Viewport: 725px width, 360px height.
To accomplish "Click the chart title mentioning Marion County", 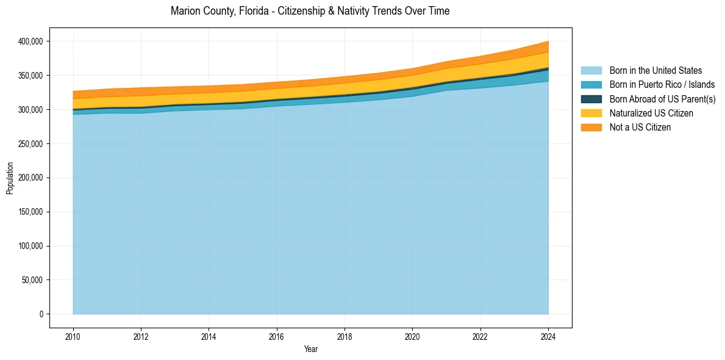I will tap(310, 11).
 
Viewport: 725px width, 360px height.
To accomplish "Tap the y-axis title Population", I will tap(10, 178).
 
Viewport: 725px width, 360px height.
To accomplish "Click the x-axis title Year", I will tap(310, 349).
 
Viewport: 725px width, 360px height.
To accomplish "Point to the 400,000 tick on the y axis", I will tap(30, 41).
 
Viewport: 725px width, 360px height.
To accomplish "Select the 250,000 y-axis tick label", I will tap(30, 144).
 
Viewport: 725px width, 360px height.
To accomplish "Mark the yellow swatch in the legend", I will tap(591, 113).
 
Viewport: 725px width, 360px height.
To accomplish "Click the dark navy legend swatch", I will tap(591, 99).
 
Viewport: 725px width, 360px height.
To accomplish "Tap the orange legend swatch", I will tap(591, 128).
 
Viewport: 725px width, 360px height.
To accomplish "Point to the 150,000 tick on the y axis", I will tap(30, 212).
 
